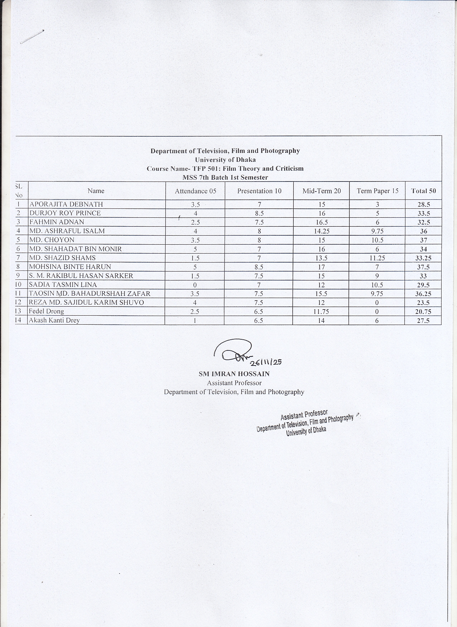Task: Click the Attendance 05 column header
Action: (196, 191)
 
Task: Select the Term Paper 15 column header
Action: (377, 191)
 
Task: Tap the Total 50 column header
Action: (423, 191)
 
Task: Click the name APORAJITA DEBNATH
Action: (66, 204)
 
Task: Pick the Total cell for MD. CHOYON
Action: (423, 240)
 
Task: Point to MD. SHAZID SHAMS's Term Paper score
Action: (377, 258)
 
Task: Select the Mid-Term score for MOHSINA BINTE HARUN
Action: (322, 267)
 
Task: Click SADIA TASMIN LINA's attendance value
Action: (195, 285)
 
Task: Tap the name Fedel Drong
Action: (47, 311)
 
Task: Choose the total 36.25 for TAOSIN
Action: (423, 294)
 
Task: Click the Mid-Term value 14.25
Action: (322, 231)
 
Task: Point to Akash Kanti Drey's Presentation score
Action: (259, 321)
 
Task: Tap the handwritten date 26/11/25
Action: (266, 362)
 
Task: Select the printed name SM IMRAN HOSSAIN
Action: (234, 374)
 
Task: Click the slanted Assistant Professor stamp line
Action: (304, 415)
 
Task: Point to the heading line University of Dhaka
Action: (225, 160)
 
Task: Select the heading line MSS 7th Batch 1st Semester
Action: (225, 178)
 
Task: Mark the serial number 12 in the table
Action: (18, 303)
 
